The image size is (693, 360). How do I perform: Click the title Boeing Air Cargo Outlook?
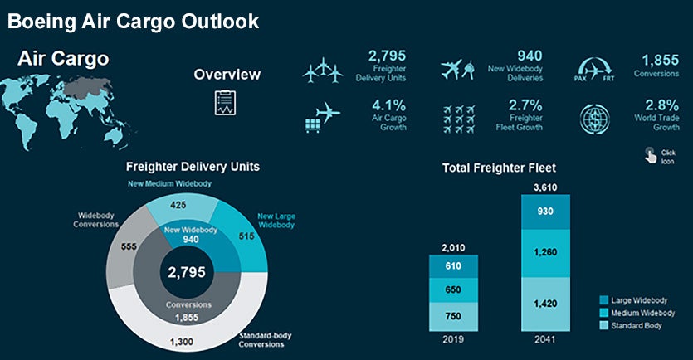(x=134, y=21)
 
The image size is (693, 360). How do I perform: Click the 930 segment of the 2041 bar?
(x=545, y=212)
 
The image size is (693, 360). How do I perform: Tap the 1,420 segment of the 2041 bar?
(x=545, y=304)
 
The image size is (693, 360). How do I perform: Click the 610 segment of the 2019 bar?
(x=452, y=266)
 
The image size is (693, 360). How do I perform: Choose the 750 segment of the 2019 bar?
(x=452, y=316)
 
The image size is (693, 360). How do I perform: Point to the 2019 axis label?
(x=452, y=339)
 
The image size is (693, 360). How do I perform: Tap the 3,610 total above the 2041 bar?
(x=545, y=187)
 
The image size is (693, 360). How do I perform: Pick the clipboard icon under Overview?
(x=224, y=103)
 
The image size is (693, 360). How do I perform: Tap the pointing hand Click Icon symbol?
(x=650, y=153)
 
